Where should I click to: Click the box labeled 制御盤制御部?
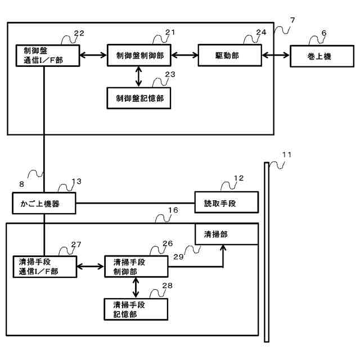tap(139, 55)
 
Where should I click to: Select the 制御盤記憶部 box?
tap(139, 98)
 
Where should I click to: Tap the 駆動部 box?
tap(230, 55)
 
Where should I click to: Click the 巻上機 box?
tap(322, 56)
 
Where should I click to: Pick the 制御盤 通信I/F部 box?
tap(48, 56)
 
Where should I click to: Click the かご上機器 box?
tap(44, 203)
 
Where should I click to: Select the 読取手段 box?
tap(227, 202)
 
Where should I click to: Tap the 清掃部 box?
tap(227, 234)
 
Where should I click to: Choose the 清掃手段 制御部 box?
tap(136, 267)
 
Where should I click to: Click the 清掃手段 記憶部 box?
tap(136, 309)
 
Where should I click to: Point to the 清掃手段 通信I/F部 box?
tap(45, 267)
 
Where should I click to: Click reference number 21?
tap(170, 33)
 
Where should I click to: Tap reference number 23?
tap(170, 74)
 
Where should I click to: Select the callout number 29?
tap(178, 256)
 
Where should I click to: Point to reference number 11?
tap(287, 155)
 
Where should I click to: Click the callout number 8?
tap(21, 184)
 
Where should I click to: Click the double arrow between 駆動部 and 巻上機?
tap(276, 55)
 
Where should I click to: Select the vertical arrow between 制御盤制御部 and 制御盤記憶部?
tap(138, 76)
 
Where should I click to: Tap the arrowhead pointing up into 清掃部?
tap(223, 248)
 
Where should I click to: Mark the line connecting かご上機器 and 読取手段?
tap(135, 203)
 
